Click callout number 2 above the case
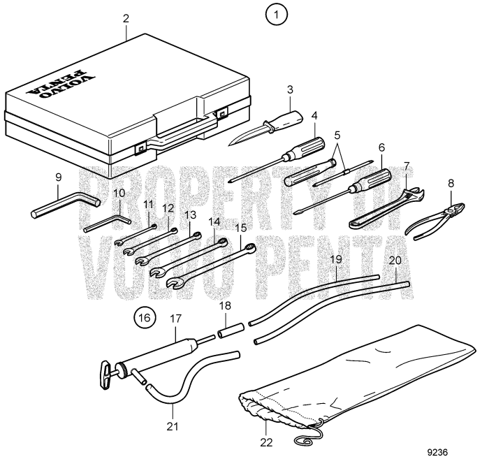pos(126,19)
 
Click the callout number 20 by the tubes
pos(395,260)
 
